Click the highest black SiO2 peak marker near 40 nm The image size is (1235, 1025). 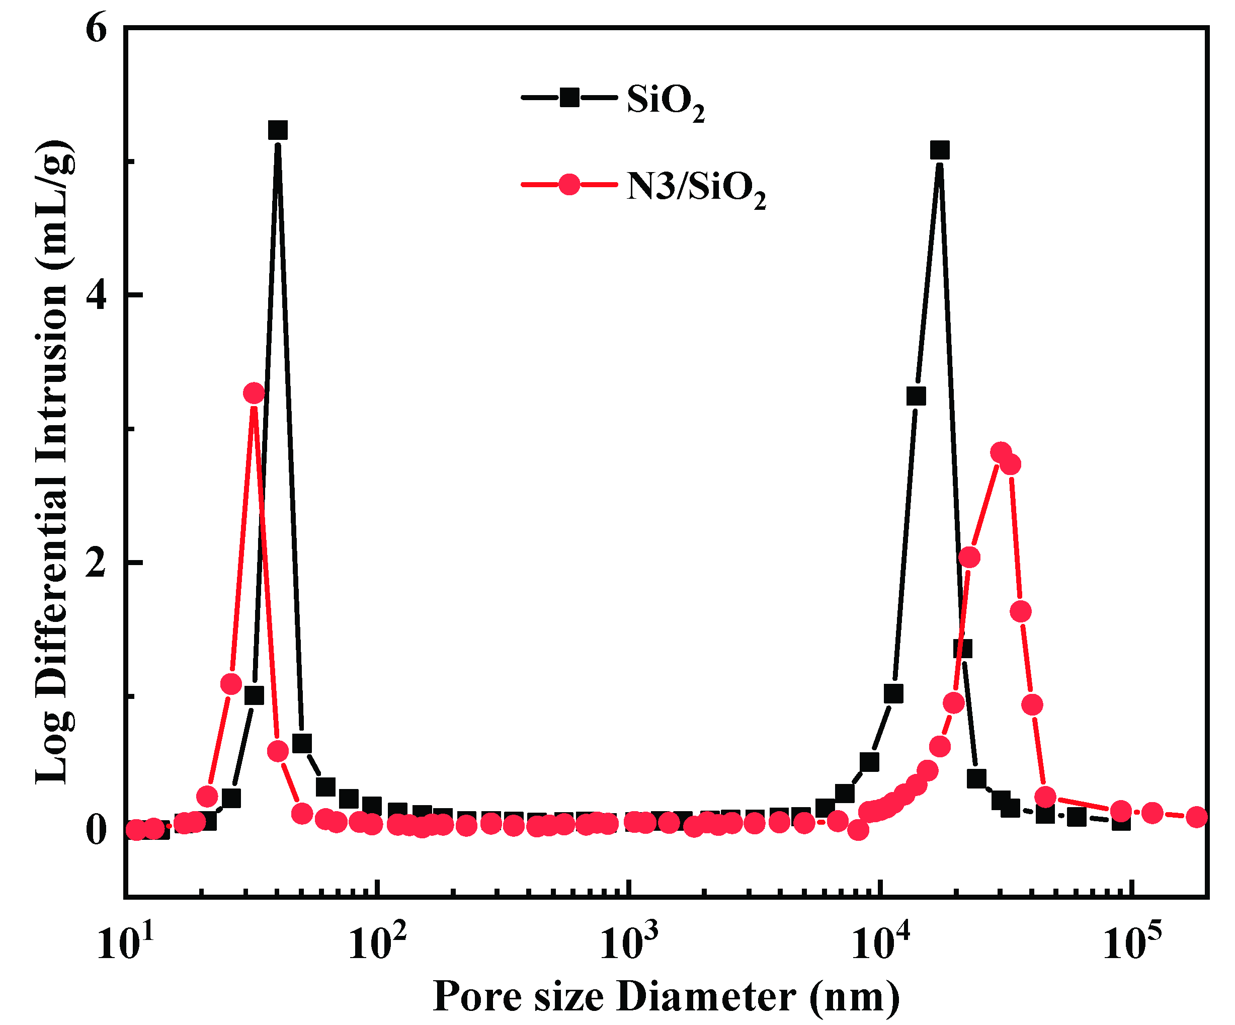pos(278,130)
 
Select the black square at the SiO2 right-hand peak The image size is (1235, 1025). pos(940,150)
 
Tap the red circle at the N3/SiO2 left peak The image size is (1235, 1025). pos(254,393)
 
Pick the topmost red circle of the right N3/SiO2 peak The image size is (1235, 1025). pos(1001,452)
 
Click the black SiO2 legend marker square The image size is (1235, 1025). pos(569,97)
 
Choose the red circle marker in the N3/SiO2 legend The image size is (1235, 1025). pos(569,184)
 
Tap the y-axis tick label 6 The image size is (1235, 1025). pos(97,29)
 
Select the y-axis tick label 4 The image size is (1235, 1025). pos(97,296)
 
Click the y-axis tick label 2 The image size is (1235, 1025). pos(97,563)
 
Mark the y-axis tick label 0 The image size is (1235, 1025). pos(97,830)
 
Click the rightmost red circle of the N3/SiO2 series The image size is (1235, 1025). pos(1197,817)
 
